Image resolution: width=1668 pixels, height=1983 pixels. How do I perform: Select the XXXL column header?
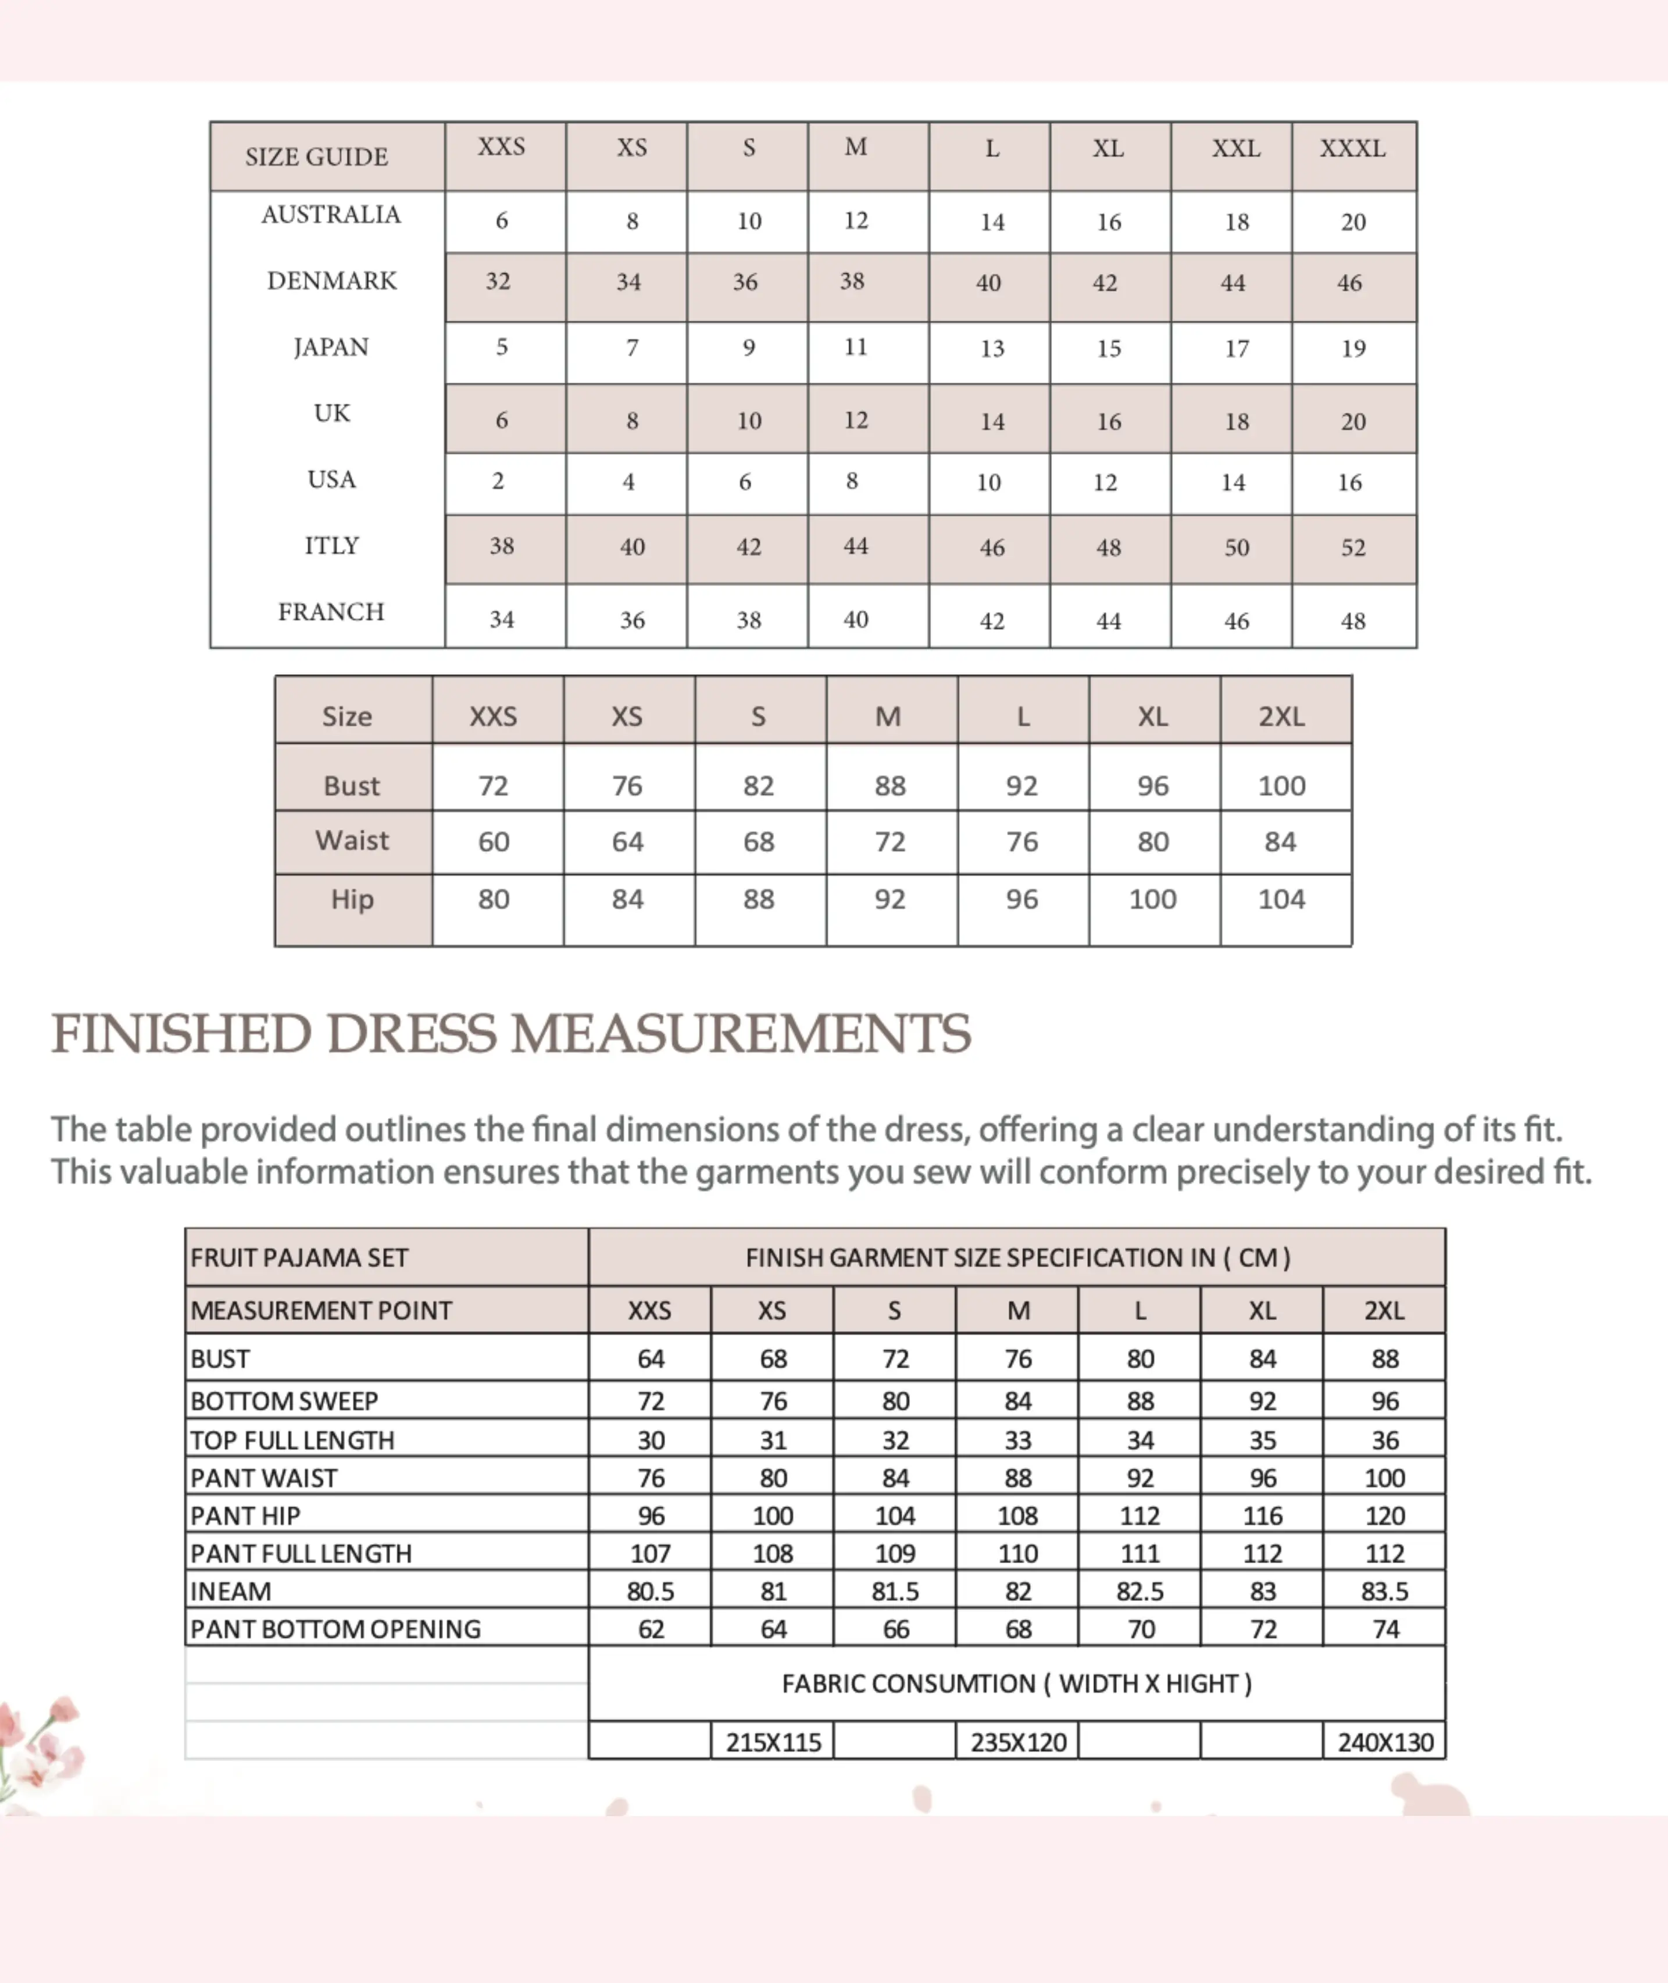(x=1352, y=148)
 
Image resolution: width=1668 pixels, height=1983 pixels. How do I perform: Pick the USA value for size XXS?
(x=498, y=482)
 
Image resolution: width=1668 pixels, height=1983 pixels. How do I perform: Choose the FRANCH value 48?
(x=1353, y=621)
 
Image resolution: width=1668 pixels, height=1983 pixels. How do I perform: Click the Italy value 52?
(x=1353, y=548)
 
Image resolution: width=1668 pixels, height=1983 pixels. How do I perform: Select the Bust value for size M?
(x=890, y=786)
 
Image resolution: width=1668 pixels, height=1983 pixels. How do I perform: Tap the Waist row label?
(x=352, y=841)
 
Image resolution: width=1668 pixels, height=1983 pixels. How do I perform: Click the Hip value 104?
(x=1281, y=899)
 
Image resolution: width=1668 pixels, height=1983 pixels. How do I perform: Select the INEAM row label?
(x=231, y=1592)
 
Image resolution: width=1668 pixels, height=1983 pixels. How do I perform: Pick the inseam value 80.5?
(x=651, y=1592)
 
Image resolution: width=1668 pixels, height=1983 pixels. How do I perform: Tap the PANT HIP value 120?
(x=1384, y=1516)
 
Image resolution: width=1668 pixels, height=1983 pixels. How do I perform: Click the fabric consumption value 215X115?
(x=773, y=1742)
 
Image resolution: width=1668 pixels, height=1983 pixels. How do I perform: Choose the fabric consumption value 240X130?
(x=1384, y=1742)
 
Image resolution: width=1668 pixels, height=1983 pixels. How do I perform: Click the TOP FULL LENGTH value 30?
(x=651, y=1440)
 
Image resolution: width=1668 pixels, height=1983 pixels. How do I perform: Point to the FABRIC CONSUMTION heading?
(x=1016, y=1684)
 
